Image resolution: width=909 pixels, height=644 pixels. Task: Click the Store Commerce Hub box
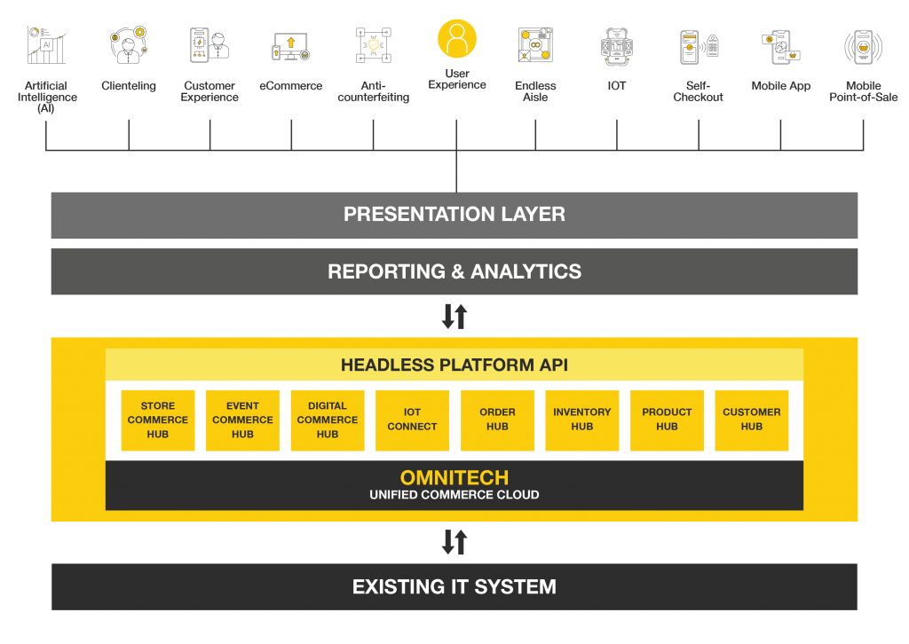tap(158, 420)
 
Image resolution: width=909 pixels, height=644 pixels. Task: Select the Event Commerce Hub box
tap(242, 420)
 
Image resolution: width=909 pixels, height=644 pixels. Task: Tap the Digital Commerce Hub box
tap(328, 420)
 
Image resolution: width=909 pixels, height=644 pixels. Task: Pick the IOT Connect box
tap(412, 420)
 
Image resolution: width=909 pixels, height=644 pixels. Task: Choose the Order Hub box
tap(497, 420)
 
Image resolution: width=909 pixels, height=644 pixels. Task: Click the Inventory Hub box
tap(582, 420)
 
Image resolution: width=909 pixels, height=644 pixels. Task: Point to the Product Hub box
tap(667, 420)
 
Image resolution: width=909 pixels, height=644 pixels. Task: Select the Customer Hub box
tap(752, 420)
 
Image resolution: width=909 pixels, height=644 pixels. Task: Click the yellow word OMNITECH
tap(454, 478)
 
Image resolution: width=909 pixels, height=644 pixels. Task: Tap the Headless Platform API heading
tap(454, 365)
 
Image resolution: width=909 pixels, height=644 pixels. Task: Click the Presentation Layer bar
tap(454, 215)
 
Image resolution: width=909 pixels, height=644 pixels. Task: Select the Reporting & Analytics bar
tap(454, 271)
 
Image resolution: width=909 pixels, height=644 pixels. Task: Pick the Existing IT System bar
tap(454, 586)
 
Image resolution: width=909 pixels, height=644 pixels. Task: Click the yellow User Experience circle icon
tap(457, 39)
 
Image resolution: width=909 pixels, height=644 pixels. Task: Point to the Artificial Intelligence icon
tap(46, 45)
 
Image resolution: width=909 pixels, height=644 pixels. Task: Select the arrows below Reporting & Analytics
tap(454, 316)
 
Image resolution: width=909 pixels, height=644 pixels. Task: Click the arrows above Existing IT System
tap(454, 542)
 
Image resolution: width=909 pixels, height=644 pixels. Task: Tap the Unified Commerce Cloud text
tap(454, 495)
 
